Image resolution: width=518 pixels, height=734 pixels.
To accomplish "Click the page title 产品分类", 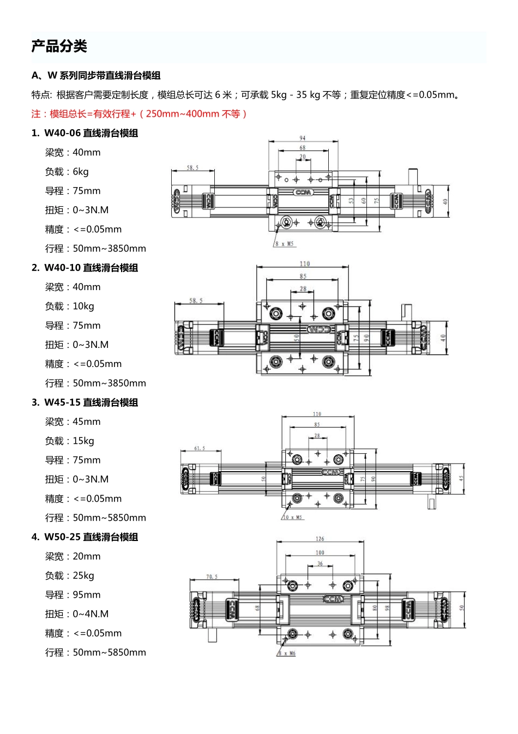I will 59,46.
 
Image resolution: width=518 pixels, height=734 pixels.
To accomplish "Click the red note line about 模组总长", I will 140,114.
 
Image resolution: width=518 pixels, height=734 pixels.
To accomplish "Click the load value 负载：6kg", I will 67,172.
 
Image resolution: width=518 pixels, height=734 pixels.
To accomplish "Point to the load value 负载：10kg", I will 69,306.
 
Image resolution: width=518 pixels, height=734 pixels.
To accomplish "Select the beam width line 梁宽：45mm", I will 73,422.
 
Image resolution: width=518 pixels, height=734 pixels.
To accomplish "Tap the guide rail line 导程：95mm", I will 73,595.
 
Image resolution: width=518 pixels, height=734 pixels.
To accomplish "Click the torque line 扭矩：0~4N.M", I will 77,614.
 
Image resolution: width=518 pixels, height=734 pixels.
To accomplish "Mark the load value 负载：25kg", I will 69,576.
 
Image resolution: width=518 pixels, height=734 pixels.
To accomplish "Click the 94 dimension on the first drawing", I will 303,138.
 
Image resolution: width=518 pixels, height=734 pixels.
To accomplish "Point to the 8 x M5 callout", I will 285,244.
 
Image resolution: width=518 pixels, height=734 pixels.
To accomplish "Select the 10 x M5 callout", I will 293,517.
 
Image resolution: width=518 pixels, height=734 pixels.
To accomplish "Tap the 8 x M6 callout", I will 287,653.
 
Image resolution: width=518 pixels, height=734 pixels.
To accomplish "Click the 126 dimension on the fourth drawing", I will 320,539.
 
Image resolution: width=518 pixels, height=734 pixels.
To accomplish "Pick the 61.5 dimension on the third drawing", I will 200,448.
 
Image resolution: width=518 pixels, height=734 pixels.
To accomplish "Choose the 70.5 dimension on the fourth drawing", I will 212,576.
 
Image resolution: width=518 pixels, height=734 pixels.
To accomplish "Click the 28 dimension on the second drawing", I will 303,288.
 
